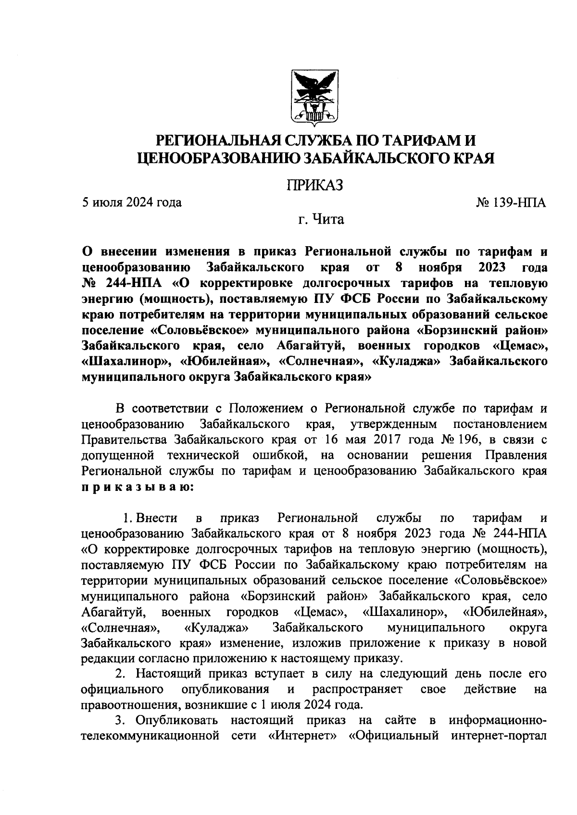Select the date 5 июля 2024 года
[131, 202]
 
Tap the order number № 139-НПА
[511, 202]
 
